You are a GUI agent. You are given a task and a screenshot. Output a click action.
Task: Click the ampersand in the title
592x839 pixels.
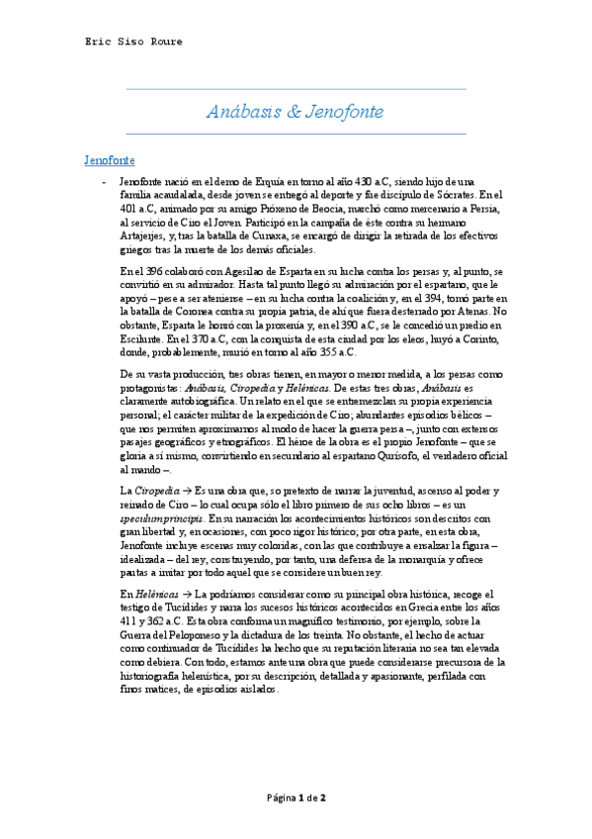[294, 111]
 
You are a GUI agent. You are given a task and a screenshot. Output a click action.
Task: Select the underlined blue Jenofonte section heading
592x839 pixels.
[108, 159]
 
